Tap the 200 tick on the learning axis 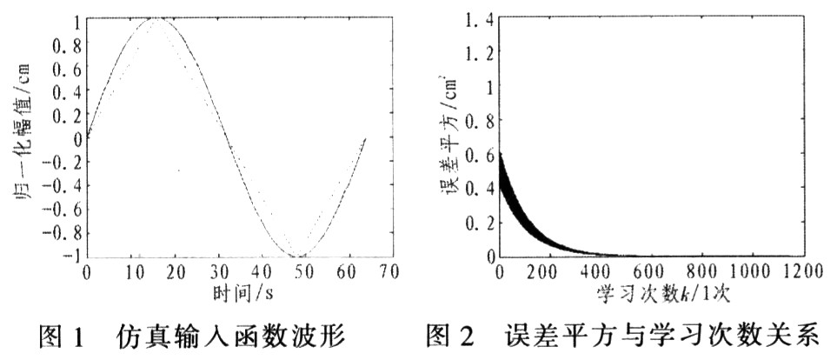(546, 272)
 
